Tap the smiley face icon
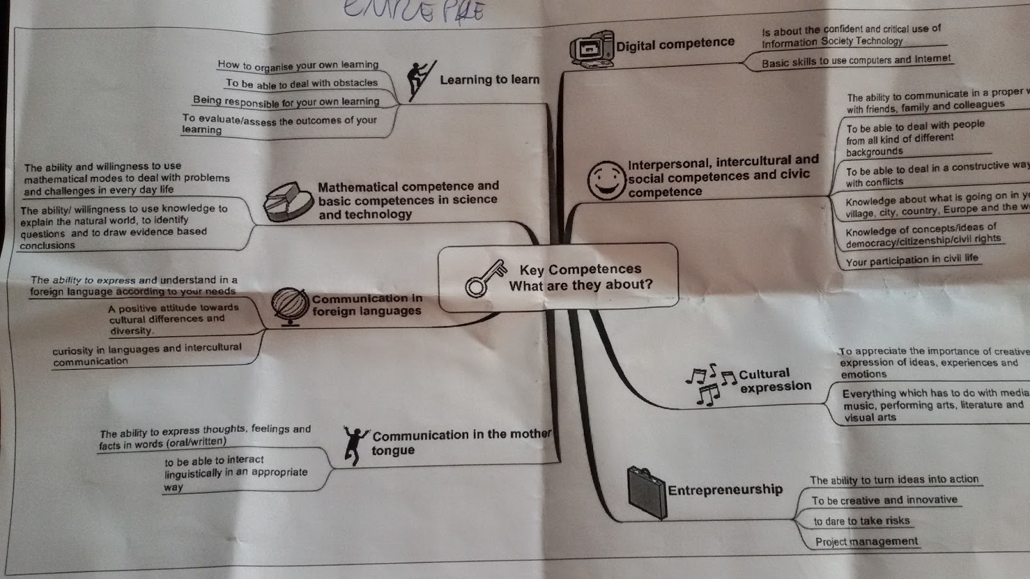(606, 180)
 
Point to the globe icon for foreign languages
(290, 306)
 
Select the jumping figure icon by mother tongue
(354, 444)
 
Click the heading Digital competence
(675, 44)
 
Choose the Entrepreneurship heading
(725, 490)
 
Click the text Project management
(866, 542)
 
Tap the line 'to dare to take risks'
(861, 521)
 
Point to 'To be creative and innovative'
(884, 500)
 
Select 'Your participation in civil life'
(912, 260)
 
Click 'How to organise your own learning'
(298, 65)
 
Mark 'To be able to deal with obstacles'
(301, 84)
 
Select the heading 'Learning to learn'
(489, 80)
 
